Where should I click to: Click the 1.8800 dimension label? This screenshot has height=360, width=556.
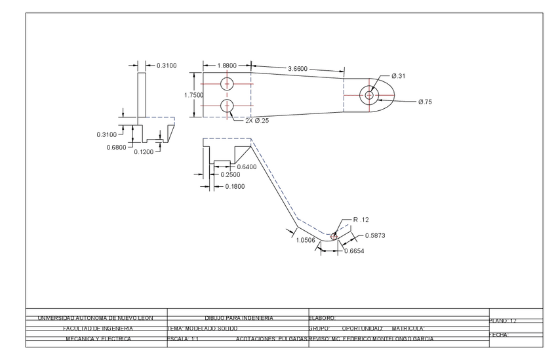pyautogui.click(x=227, y=66)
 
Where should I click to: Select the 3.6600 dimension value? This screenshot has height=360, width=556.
pyautogui.click(x=298, y=69)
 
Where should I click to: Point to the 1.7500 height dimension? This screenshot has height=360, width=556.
pyautogui.click(x=193, y=95)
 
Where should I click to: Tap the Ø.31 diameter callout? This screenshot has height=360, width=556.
pyautogui.click(x=399, y=76)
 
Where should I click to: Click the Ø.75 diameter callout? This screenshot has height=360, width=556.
pyautogui.click(x=425, y=102)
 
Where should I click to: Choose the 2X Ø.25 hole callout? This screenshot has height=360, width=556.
pyautogui.click(x=257, y=121)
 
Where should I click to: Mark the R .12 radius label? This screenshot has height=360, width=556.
pyautogui.click(x=361, y=220)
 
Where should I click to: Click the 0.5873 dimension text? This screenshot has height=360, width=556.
pyautogui.click(x=375, y=235)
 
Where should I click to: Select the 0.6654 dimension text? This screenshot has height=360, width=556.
pyautogui.click(x=354, y=250)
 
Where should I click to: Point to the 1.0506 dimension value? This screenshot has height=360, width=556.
pyautogui.click(x=306, y=241)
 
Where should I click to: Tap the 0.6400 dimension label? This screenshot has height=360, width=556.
pyautogui.click(x=247, y=167)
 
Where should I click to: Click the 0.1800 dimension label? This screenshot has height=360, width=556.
pyautogui.click(x=235, y=187)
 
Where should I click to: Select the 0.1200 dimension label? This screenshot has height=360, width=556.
pyautogui.click(x=144, y=152)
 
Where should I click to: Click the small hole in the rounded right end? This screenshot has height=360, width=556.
pyautogui.click(x=369, y=96)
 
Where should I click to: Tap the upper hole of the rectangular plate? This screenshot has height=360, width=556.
pyautogui.click(x=228, y=83)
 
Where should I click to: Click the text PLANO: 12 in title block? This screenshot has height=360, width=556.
pyautogui.click(x=504, y=321)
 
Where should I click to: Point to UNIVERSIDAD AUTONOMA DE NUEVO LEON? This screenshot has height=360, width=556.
pyautogui.click(x=95, y=318)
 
